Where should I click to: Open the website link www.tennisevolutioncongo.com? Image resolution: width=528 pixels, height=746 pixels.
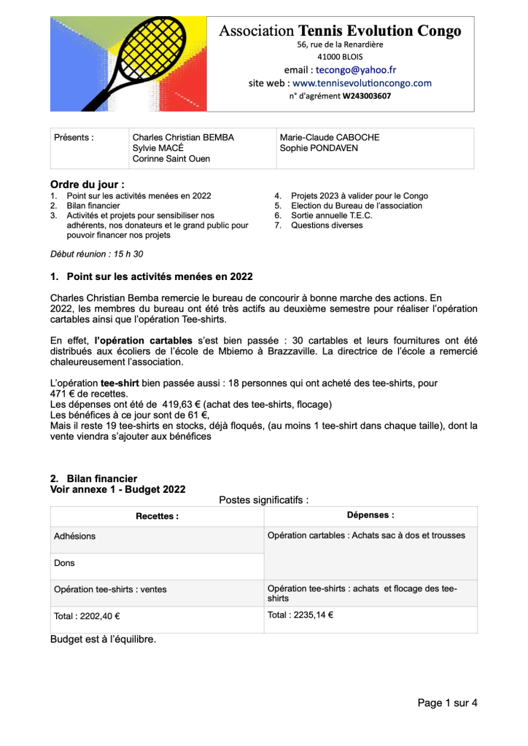tap(362, 83)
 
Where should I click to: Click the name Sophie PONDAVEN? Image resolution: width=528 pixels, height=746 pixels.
tap(314, 148)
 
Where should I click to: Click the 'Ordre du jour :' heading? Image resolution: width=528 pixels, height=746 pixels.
tap(87, 184)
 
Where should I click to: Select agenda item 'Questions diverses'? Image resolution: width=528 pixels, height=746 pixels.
tap(327, 225)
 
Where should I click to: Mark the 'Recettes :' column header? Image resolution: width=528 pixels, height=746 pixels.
tap(157, 516)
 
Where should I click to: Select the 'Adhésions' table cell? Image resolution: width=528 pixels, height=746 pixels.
tap(74, 536)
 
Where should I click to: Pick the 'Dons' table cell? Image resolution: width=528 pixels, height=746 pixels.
tap(64, 563)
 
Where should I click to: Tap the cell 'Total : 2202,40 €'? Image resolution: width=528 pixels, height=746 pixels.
tap(87, 616)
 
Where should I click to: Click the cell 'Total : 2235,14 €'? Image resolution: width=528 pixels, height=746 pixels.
tap(300, 615)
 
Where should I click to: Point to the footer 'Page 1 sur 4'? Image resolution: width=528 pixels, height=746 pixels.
tap(447, 703)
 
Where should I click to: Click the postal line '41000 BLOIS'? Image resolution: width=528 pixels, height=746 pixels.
tap(340, 56)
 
